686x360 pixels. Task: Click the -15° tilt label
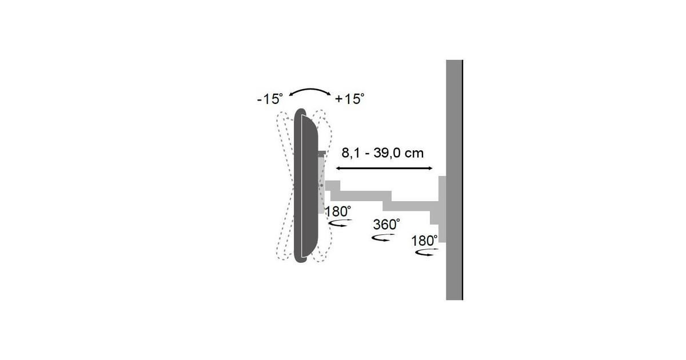point(270,99)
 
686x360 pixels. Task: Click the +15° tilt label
point(350,99)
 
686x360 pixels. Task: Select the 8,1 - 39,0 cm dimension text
point(382,153)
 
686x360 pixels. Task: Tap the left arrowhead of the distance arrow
point(338,168)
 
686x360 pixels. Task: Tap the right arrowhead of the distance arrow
point(430,168)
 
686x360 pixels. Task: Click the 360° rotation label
point(386,225)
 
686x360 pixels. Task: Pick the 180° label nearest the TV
point(338,211)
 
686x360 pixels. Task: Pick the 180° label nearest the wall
point(424,241)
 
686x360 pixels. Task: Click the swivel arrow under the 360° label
point(383,238)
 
